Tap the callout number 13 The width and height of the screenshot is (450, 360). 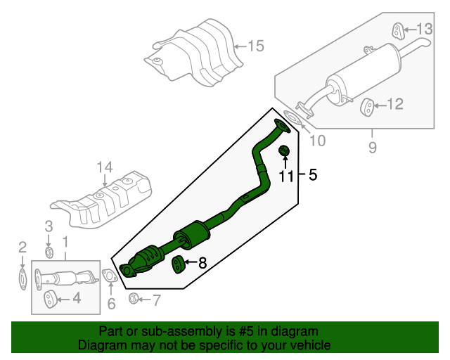click(425, 29)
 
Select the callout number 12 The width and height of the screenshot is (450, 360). click(394, 105)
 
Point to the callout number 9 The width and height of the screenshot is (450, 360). click(372, 148)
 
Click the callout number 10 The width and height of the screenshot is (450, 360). click(317, 141)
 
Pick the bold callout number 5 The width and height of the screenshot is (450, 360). click(313, 174)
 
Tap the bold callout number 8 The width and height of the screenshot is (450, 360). click(202, 264)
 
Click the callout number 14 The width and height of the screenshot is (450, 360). click(104, 167)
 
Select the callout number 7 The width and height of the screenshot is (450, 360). click(157, 301)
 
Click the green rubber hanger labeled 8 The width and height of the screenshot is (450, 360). click(179, 264)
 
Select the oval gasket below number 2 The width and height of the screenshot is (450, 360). click(22, 276)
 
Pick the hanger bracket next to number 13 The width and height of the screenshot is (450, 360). click(397, 30)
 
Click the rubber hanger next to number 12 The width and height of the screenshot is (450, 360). click(367, 106)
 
